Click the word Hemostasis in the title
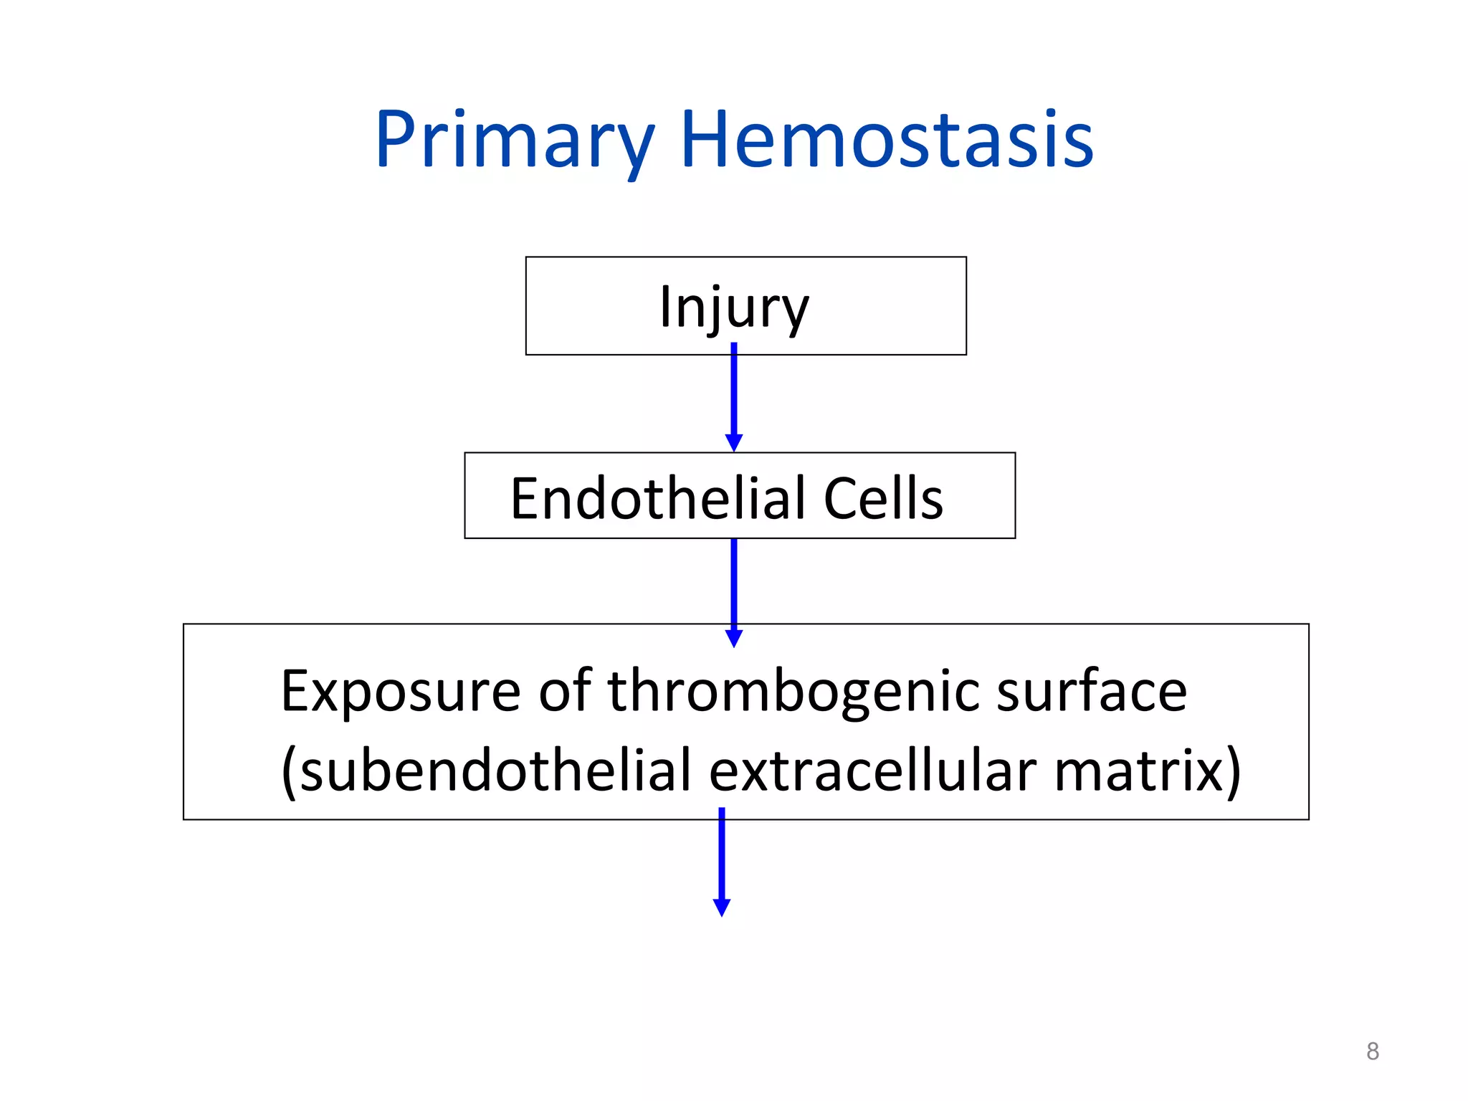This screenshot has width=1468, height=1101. click(x=886, y=140)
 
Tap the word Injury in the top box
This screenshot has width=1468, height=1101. click(x=733, y=308)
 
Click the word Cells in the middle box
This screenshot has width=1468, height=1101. click(x=882, y=499)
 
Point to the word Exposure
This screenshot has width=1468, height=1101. click(x=400, y=692)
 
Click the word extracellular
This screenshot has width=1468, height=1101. click(x=872, y=771)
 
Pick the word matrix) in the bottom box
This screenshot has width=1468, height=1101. click(x=1147, y=771)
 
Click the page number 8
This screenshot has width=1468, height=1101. click(x=1372, y=1051)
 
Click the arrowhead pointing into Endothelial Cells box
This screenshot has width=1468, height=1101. click(x=733, y=442)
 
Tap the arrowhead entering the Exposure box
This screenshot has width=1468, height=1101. click(x=733, y=638)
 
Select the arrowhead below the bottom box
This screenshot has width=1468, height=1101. click(x=721, y=907)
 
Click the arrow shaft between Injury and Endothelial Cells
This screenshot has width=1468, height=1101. click(x=733, y=391)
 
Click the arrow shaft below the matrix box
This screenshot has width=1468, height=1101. click(x=721, y=853)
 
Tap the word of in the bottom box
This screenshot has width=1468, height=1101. click(x=565, y=692)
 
